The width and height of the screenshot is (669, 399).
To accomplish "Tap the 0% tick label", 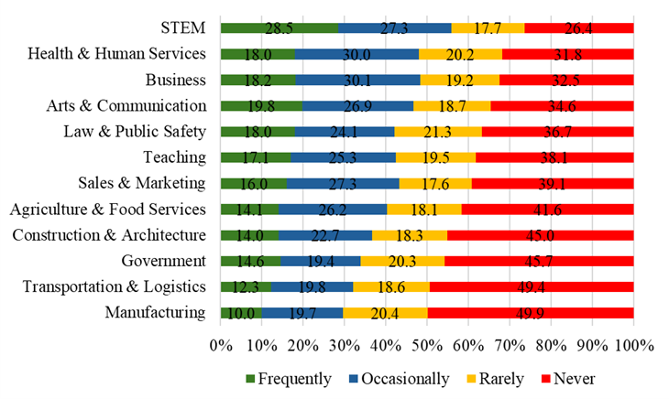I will pos(221,346).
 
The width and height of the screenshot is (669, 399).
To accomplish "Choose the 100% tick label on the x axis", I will pos(632,346).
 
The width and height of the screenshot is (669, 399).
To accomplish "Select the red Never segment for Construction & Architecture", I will pos(540,235).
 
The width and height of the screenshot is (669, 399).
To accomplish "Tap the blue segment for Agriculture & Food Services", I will pos(332,210).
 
